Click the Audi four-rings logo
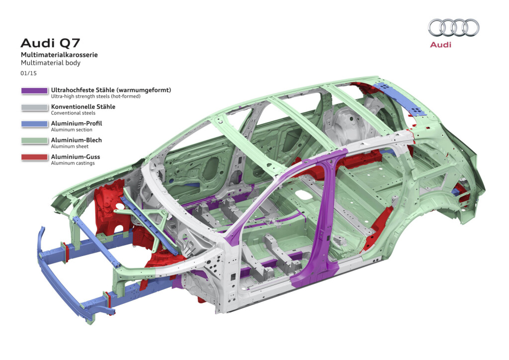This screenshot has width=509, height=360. [x=453, y=28]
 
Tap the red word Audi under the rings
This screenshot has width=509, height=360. [x=440, y=45]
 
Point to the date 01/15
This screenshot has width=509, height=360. [x=29, y=73]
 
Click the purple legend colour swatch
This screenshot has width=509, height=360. [x=34, y=91]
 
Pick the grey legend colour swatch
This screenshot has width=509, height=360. [x=34, y=107]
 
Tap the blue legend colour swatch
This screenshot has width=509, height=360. [x=34, y=124]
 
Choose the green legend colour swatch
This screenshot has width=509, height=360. [x=34, y=141]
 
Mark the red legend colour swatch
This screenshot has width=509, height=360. [x=34, y=158]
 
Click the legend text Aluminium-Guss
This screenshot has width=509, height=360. [x=76, y=157]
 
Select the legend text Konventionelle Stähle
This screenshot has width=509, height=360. [x=83, y=106]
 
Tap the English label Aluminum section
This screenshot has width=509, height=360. [x=72, y=130]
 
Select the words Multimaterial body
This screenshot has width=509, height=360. [x=50, y=63]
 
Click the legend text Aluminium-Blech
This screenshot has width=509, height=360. [x=76, y=140]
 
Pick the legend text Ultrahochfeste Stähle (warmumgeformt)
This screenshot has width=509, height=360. [x=111, y=90]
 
